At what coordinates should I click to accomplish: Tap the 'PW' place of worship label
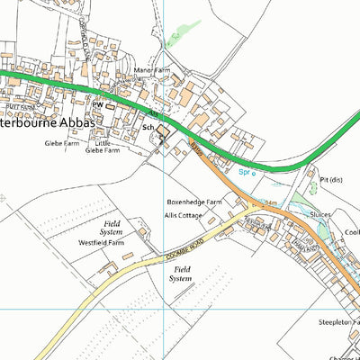point(96,104)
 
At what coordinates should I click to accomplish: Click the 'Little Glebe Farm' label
point(102,147)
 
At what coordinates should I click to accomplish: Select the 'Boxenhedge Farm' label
point(193,202)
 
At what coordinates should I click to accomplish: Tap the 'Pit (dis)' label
point(333,179)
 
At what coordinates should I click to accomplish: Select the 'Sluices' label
point(320,215)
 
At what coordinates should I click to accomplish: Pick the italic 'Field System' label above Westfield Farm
point(112,227)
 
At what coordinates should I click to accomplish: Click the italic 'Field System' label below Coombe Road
point(182,274)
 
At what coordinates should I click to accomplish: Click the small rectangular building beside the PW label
point(111,105)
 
